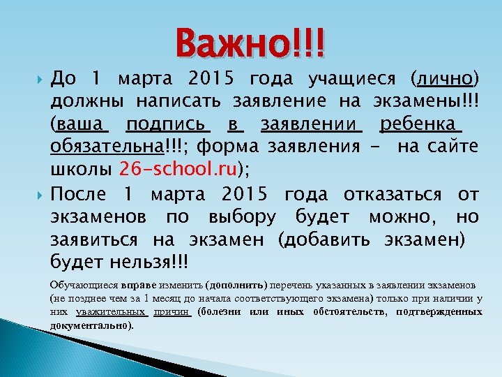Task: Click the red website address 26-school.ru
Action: [179, 170]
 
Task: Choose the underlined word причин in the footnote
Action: [172, 312]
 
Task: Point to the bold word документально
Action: [91, 325]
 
